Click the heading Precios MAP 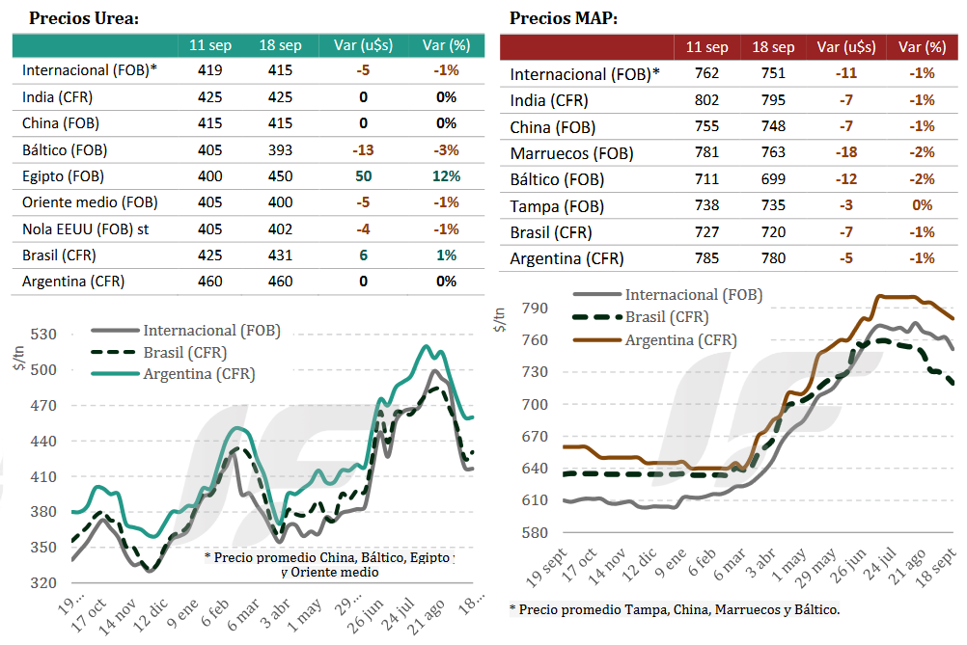(564, 18)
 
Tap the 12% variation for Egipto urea (446, 176)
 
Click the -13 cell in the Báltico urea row (363, 150)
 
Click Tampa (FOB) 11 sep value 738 (706, 205)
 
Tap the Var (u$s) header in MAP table (842, 47)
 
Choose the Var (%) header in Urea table (446, 45)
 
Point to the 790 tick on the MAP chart (537, 309)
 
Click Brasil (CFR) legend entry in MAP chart (667, 317)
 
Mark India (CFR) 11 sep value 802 (706, 100)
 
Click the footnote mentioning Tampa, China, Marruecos (674, 609)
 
